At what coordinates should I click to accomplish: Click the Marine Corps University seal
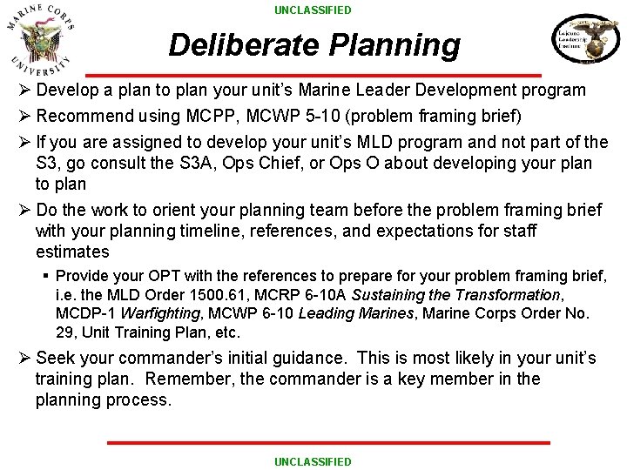(x=41, y=40)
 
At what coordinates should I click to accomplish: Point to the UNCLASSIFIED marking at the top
(x=313, y=10)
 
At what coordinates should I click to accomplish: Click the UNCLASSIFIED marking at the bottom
(x=313, y=461)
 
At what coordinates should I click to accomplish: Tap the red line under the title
(x=313, y=75)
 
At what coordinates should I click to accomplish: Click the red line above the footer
(x=328, y=443)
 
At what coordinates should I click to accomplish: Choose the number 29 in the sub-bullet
(x=66, y=332)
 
